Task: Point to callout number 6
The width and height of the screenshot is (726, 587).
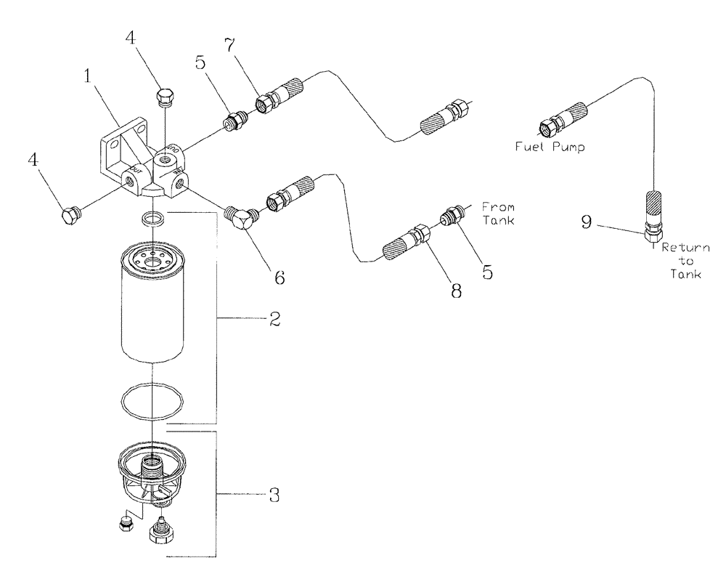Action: (x=279, y=277)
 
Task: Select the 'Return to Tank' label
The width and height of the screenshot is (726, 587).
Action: (x=685, y=261)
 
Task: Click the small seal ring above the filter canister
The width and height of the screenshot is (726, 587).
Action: (x=151, y=217)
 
